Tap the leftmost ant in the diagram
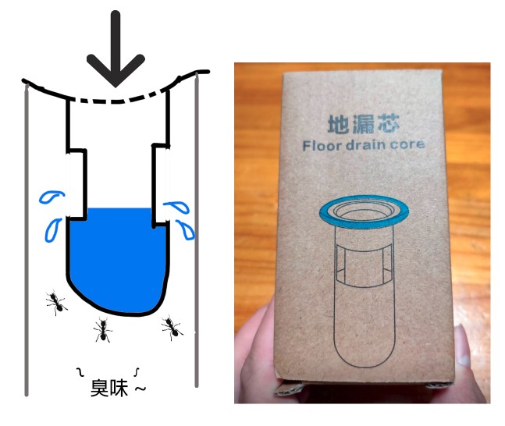pos(56,303)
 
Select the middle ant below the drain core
pos(103,330)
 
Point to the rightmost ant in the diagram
pos(172,328)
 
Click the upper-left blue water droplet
pos(52,197)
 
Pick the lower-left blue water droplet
pos(53,229)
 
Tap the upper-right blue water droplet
pos(177,207)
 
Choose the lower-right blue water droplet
pos(186,230)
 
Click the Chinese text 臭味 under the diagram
pos(109,388)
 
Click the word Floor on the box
pos(322,146)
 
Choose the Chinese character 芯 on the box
pos(389,123)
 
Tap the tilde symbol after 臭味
pos(140,389)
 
